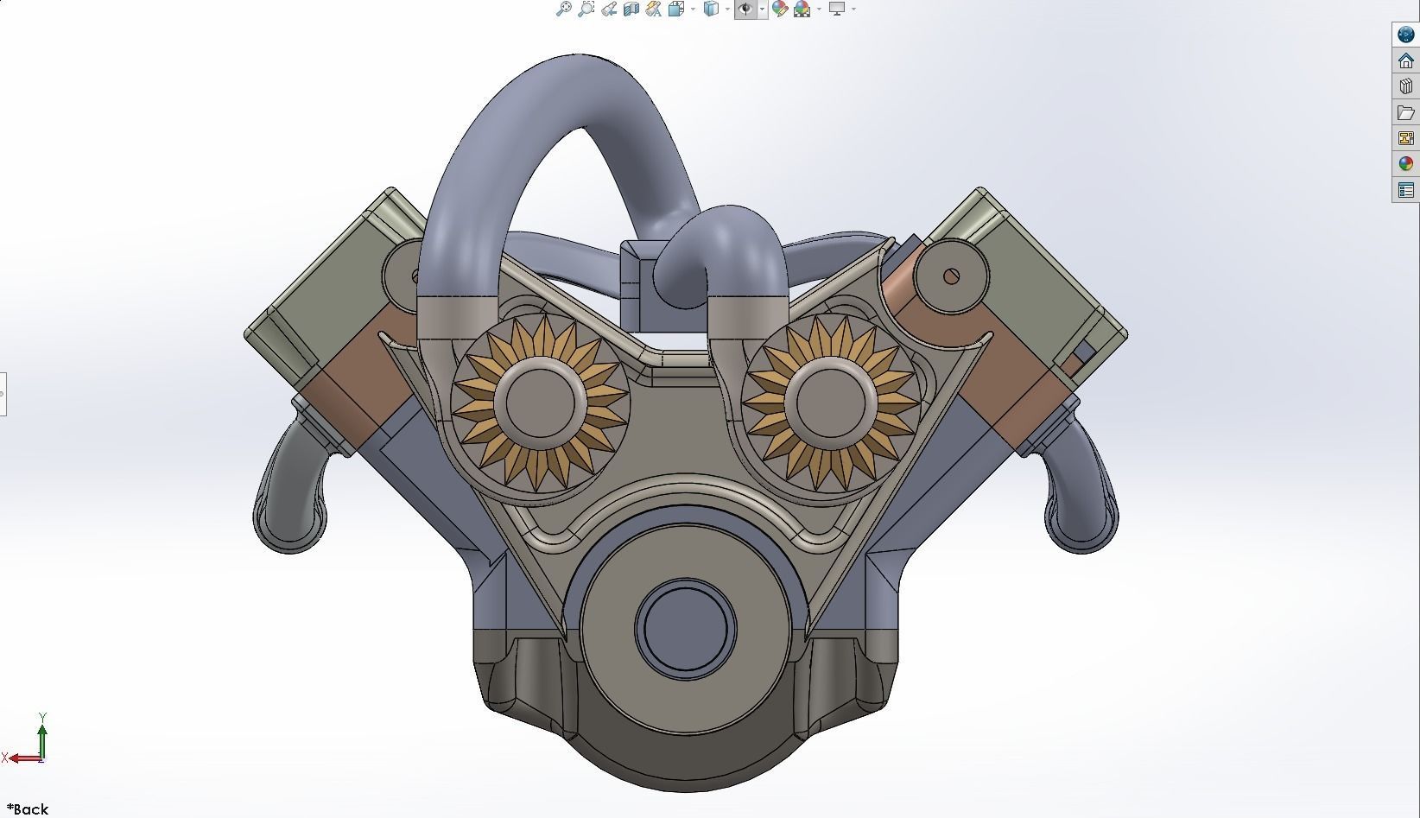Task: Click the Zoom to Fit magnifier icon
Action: pyautogui.click(x=563, y=10)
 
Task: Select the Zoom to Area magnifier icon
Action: pyautogui.click(x=586, y=10)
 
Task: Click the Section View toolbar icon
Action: pyautogui.click(x=631, y=10)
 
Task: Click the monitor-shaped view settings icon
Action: pyautogui.click(x=836, y=10)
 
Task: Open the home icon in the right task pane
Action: pyautogui.click(x=1406, y=60)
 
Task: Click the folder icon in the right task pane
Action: pyautogui.click(x=1406, y=112)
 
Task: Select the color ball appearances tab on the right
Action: pyautogui.click(x=1406, y=164)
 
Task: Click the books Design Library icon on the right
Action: pyautogui.click(x=1406, y=86)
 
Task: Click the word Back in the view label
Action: pyautogui.click(x=31, y=809)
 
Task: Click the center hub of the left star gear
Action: pyautogui.click(x=541, y=403)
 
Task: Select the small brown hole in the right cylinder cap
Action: pyautogui.click(x=951, y=276)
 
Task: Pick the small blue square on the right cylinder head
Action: pyautogui.click(x=1081, y=352)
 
